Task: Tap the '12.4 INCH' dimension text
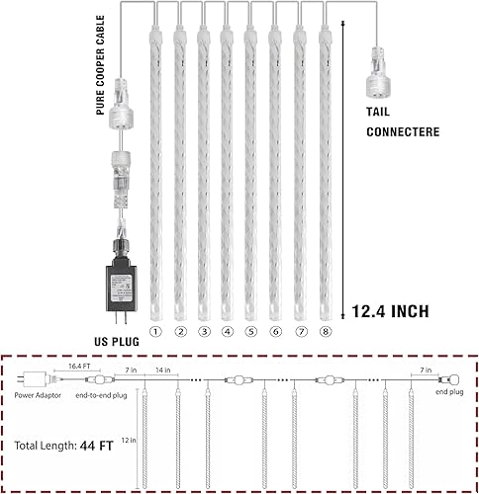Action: pos(391,311)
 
